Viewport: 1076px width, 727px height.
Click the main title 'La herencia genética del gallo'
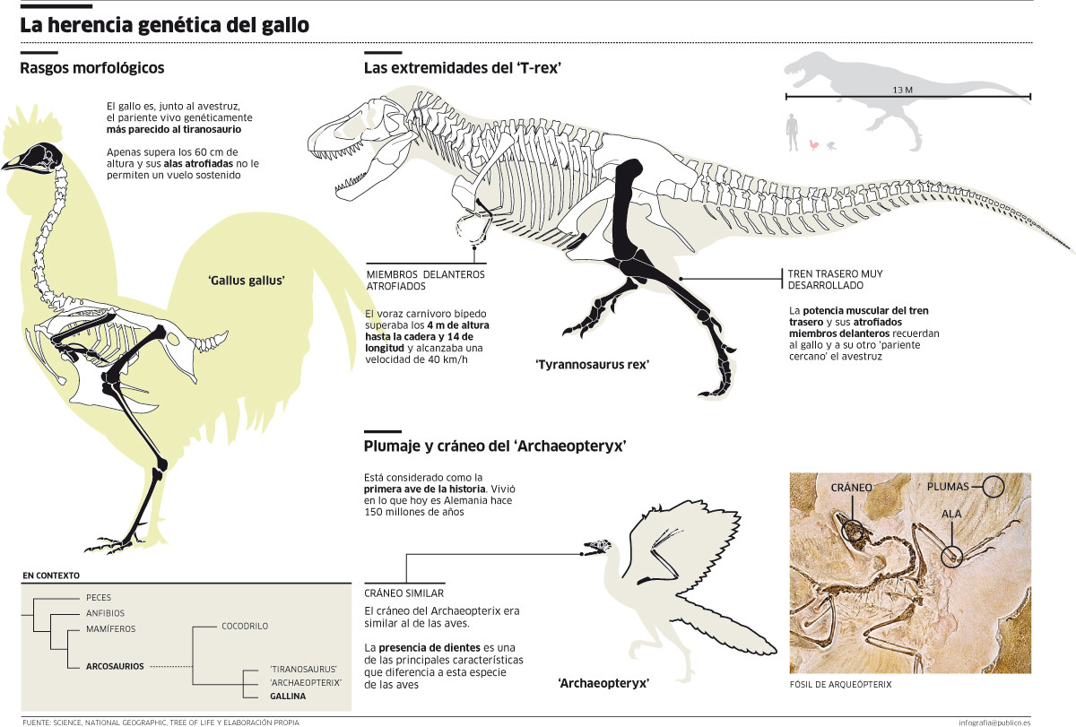click(165, 25)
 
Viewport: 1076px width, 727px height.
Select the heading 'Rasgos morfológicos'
click(92, 68)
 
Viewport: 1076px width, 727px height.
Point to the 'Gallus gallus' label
click(246, 281)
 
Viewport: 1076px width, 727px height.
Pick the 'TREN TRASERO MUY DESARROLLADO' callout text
click(836, 279)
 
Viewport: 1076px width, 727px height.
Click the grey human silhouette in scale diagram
click(792, 133)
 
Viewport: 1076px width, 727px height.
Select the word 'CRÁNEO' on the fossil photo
click(851, 488)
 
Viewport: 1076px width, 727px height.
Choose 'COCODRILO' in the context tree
click(245, 626)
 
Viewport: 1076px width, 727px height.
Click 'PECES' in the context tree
click(99, 597)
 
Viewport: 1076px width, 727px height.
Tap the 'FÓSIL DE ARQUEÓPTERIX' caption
click(840, 685)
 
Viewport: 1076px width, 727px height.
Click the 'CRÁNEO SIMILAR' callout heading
click(403, 593)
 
